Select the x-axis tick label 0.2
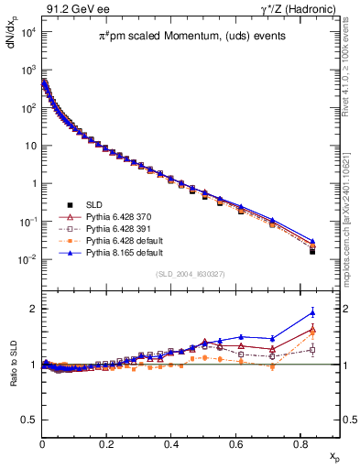tap(107, 442)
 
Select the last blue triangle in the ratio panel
tap(312, 312)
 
